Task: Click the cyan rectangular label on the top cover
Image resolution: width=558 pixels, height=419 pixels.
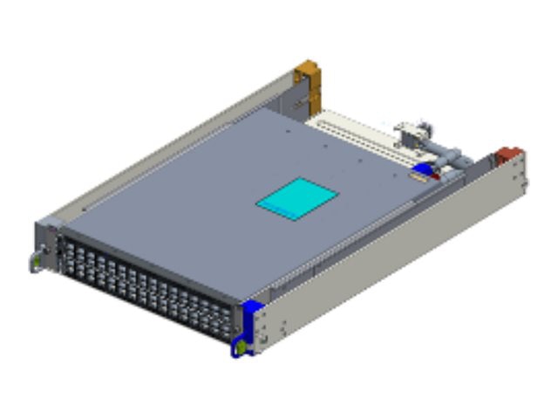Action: pyautogui.click(x=296, y=198)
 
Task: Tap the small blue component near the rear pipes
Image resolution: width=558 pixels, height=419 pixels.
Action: pyautogui.click(x=424, y=169)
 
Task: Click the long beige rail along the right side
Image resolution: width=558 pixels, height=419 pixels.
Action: pyautogui.click(x=392, y=253)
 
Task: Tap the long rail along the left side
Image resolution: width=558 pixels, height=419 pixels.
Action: pyautogui.click(x=166, y=144)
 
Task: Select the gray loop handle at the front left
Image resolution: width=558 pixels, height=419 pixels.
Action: pyautogui.click(x=34, y=261)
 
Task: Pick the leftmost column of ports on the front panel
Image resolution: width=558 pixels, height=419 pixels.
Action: pyautogui.click(x=66, y=250)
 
